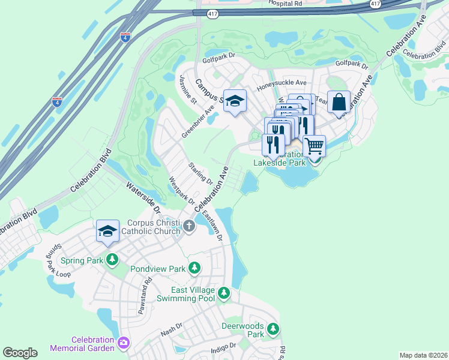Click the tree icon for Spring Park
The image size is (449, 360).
(x=112, y=260)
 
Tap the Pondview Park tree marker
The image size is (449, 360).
(x=194, y=268)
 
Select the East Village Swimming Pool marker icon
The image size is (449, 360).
(x=224, y=293)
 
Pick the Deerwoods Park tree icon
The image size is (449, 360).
(x=273, y=329)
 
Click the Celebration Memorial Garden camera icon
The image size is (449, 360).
(x=124, y=343)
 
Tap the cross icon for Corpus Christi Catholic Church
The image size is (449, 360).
(x=189, y=226)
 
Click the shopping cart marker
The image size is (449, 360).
(x=314, y=146)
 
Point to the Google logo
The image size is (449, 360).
(x=20, y=353)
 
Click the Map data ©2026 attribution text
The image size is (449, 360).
(x=423, y=355)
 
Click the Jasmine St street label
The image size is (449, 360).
(x=188, y=89)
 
